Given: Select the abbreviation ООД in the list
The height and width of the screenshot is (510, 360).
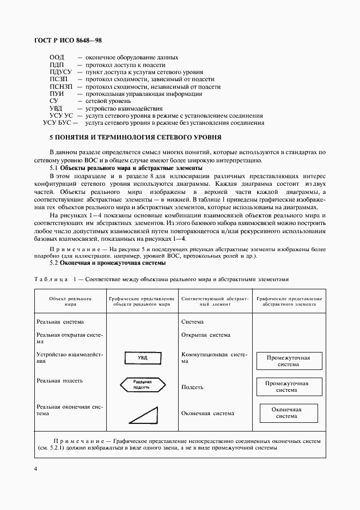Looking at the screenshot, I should pos(57,58).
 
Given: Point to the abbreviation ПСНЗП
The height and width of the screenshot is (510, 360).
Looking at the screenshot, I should pos(60,87).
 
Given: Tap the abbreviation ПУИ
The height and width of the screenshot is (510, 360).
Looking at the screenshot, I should pos(57,94).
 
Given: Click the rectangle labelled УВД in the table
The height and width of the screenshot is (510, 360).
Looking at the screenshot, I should pos(142,358).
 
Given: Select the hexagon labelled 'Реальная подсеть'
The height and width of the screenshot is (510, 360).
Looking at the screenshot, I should pos(142,385).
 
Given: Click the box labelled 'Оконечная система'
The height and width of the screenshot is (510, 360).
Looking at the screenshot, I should pos(286,412).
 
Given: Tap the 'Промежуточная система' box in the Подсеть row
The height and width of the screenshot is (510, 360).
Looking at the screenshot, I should pos(286,386).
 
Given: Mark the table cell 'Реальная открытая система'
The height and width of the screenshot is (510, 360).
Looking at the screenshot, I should pos(69,338).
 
